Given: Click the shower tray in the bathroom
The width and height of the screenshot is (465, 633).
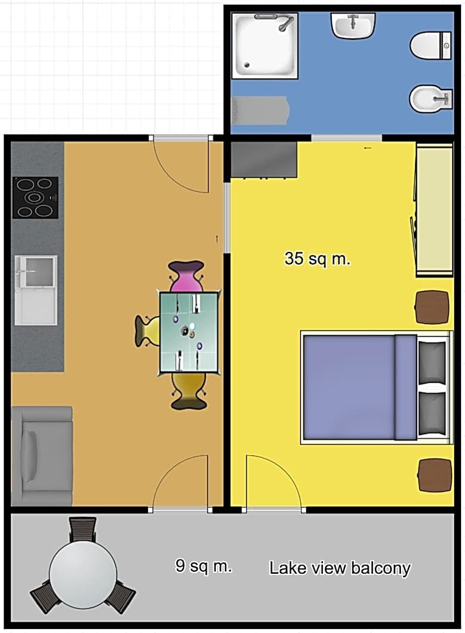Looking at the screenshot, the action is [264, 46].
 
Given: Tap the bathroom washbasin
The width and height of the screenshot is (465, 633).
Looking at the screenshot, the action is [353, 26].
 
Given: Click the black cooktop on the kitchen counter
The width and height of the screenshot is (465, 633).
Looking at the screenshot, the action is [36, 198].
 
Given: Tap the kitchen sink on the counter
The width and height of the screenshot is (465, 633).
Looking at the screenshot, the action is [36, 290].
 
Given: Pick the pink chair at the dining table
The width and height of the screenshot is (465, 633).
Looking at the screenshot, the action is [186, 277].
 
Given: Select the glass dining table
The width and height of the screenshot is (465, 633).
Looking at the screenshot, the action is [189, 332].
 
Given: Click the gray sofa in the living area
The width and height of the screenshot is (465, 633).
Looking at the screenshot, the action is [42, 456].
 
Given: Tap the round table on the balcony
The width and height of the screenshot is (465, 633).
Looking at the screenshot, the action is [83, 574].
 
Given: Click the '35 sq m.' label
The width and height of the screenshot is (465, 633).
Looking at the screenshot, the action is [318, 259].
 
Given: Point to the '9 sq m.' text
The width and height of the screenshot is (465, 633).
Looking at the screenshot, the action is [204, 566].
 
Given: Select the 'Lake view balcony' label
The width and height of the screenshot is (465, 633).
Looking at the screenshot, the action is [340, 568].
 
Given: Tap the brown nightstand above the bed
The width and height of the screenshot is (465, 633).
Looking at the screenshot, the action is [432, 307].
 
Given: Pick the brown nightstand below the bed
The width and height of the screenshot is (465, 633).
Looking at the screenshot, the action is [435, 475].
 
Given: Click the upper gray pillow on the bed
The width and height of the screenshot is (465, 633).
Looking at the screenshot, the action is [432, 362].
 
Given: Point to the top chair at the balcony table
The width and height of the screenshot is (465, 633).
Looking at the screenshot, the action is [83, 529].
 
